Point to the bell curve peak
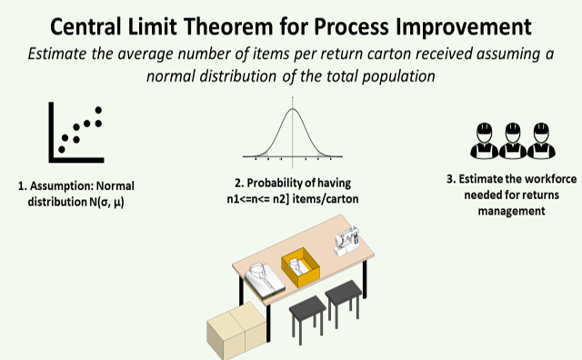(x=292, y=111)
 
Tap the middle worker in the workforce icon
(x=512, y=137)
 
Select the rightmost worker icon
(x=543, y=137)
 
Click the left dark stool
(x=306, y=314)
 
